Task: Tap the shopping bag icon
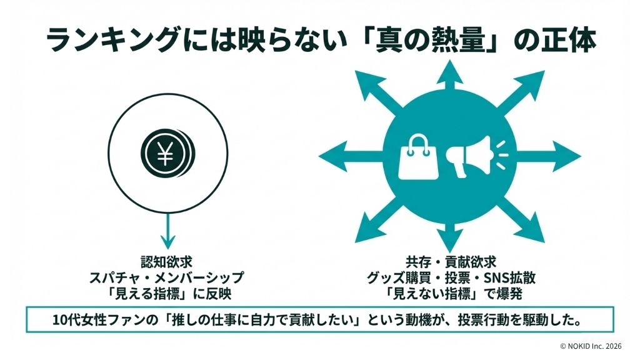point(417,156)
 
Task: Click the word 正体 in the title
point(566,41)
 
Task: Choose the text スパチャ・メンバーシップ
point(166,278)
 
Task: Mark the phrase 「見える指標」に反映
point(166,293)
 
